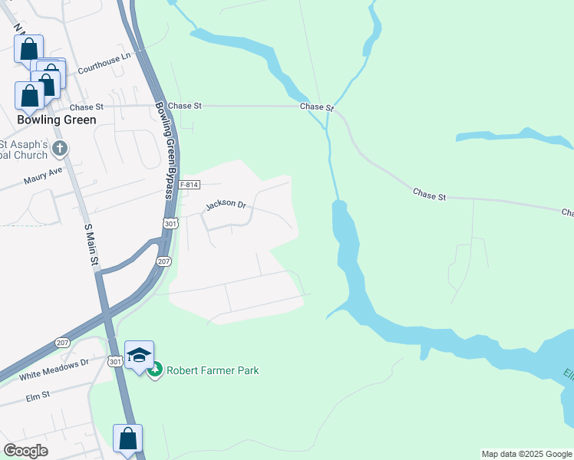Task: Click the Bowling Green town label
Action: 58,120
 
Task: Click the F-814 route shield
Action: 189,186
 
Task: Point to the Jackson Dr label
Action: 226,205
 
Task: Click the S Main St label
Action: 91,245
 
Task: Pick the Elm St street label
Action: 37,396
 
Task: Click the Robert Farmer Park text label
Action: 213,370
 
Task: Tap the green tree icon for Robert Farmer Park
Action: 156,370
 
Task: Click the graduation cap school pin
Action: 139,355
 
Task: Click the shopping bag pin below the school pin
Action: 128,439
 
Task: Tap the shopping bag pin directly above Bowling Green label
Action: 29,97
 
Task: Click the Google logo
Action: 25,451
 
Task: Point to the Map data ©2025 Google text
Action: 526,454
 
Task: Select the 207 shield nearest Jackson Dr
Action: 164,261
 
